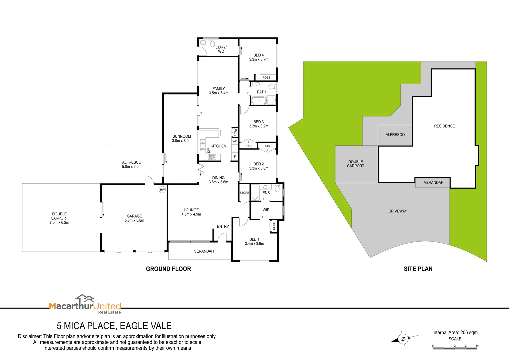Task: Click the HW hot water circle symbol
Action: coord(162,190)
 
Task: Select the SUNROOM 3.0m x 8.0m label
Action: coord(182,138)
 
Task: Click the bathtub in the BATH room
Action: coord(259,100)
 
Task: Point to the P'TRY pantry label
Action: coord(235,132)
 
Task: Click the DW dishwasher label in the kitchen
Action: coord(209,151)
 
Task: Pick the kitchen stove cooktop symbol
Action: coord(212,157)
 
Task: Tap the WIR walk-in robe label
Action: coord(266,210)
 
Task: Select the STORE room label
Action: coord(244,193)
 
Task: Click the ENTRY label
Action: coord(223,227)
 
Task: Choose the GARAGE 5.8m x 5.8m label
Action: coord(134,218)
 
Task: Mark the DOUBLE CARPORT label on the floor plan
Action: coord(59,218)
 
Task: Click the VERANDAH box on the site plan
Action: coord(433,182)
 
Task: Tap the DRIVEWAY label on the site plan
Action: coord(398,211)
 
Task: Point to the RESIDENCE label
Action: coord(444,126)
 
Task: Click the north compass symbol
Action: coord(403,339)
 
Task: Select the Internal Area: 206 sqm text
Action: coord(455,333)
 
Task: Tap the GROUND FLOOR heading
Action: coord(168,269)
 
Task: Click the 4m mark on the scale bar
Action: coord(477,346)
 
